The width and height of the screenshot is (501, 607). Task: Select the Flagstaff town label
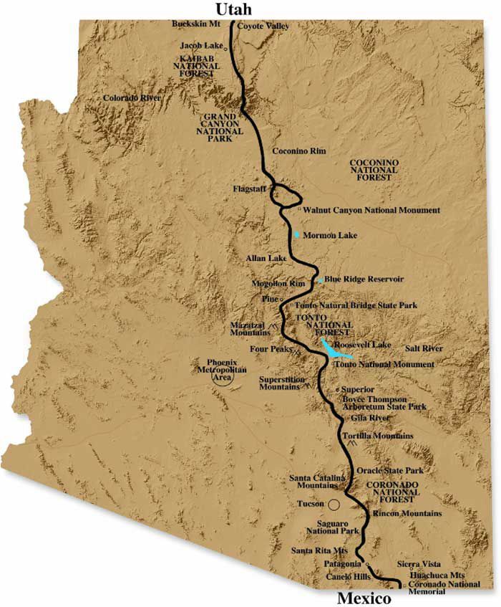(x=249, y=189)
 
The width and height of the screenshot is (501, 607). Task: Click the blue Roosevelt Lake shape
(x=334, y=350)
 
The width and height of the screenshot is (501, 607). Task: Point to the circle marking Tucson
(x=334, y=504)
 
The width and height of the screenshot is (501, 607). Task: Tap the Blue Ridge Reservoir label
(x=364, y=278)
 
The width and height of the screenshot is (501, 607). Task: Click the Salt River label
(x=424, y=348)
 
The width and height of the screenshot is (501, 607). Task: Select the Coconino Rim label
(x=301, y=150)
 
